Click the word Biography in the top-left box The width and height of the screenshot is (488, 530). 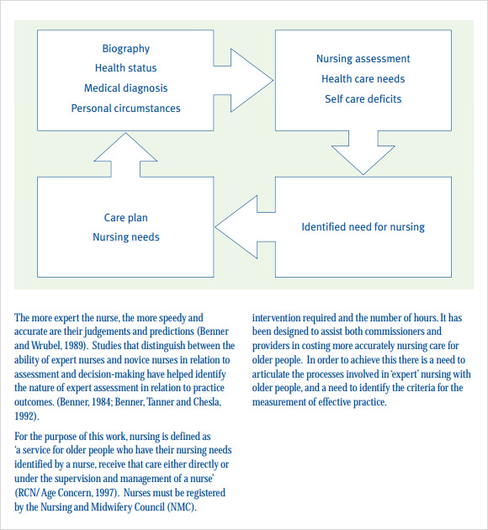[125, 49]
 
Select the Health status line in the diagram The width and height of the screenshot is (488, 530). [125, 68]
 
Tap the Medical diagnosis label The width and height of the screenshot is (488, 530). [125, 88]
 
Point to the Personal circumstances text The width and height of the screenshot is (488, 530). [125, 109]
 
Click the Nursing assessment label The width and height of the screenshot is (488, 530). [363, 59]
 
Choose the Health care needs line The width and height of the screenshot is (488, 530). [363, 79]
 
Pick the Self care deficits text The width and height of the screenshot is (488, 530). [363, 99]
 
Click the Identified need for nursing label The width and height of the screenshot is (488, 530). [363, 227]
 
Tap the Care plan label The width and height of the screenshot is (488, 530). [125, 218]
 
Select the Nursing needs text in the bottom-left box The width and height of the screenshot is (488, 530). [125, 237]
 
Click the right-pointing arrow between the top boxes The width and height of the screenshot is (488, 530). [247, 81]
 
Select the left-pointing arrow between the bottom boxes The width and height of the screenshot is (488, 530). [244, 226]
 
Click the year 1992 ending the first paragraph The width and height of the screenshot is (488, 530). [25, 415]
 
